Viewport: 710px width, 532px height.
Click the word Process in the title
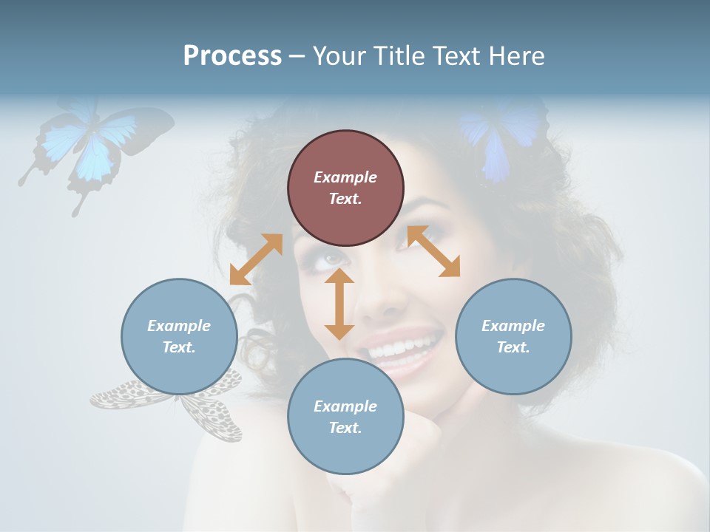click(x=232, y=56)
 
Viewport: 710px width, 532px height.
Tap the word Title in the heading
click(x=399, y=56)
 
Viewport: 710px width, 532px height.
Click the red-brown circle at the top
click(x=345, y=188)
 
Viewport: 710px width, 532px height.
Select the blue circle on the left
click(x=179, y=336)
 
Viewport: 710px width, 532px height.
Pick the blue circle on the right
click(x=513, y=336)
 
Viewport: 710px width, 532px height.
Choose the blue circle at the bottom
click(x=345, y=417)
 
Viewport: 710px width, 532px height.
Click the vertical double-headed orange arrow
click(x=339, y=304)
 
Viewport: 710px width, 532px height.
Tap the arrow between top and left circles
click(x=256, y=259)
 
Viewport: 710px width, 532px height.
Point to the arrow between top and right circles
click(x=433, y=251)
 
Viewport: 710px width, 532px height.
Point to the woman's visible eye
click(x=332, y=258)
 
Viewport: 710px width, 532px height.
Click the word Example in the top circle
click(x=345, y=177)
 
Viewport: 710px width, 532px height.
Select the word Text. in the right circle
click(x=513, y=347)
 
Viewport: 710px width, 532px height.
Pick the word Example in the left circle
click(x=179, y=326)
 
